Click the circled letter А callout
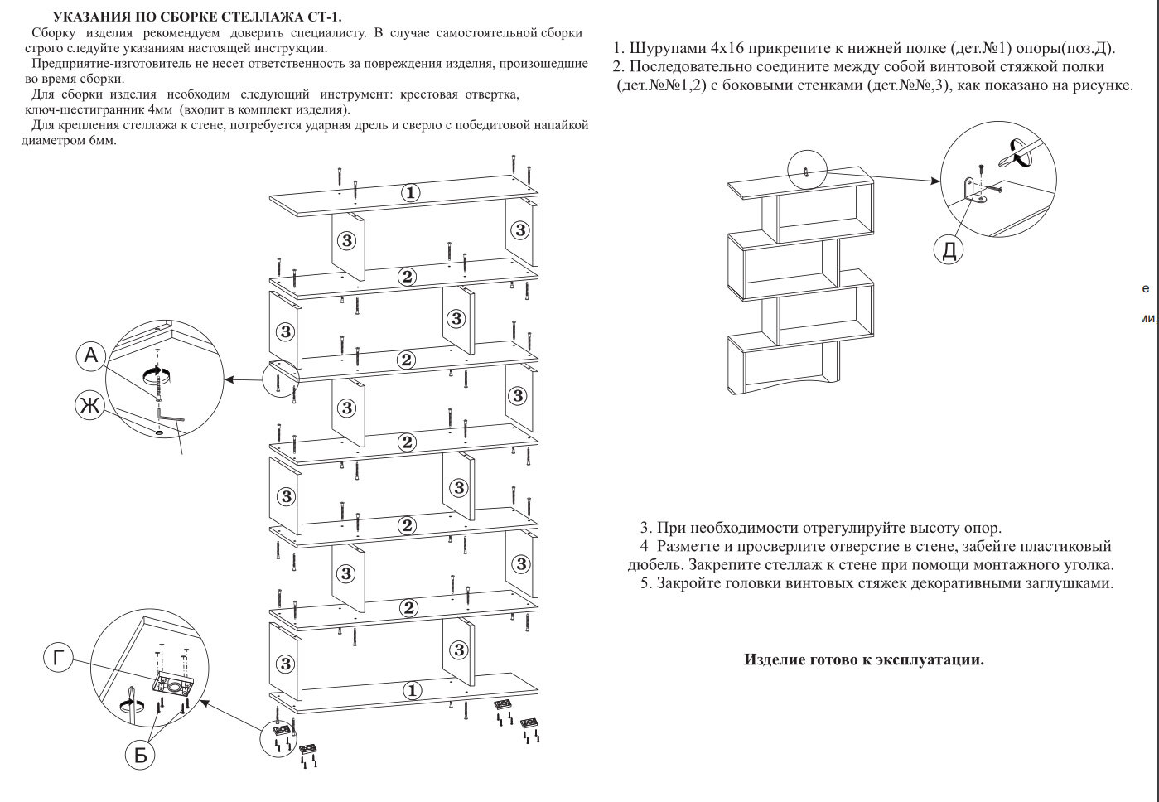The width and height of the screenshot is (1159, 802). [92, 356]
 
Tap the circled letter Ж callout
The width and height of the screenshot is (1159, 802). [89, 405]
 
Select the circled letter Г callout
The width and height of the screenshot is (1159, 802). [58, 659]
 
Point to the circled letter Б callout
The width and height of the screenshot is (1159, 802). [140, 755]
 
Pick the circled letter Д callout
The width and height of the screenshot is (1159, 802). [949, 249]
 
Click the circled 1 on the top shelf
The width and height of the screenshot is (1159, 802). [410, 193]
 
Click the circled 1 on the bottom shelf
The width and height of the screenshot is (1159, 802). [412, 690]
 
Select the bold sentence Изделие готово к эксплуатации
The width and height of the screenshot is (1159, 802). [864, 659]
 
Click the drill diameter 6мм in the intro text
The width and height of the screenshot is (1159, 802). [102, 140]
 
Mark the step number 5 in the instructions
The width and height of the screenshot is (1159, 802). [645, 583]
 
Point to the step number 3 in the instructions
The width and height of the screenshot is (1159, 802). [645, 528]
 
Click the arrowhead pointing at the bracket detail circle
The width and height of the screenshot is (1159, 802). [935, 181]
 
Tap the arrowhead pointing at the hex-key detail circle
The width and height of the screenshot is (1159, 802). [230, 380]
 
